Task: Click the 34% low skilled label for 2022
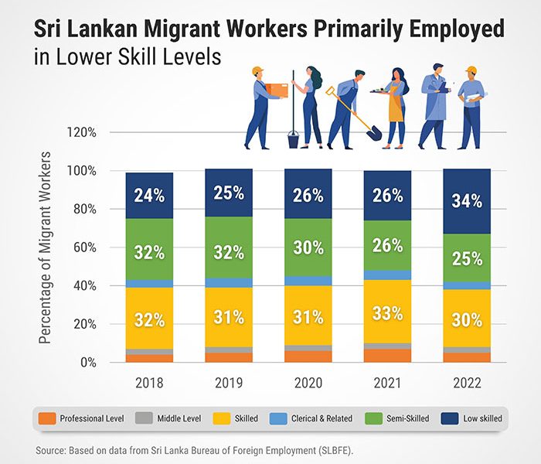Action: [467, 201]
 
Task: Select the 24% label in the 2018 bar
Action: [148, 196]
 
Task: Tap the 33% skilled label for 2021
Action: [387, 314]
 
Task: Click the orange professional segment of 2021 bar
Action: [387, 356]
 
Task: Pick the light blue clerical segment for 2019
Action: [228, 282]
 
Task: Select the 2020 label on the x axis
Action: [308, 383]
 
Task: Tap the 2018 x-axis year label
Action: [148, 383]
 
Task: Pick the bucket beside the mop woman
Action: [294, 140]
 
